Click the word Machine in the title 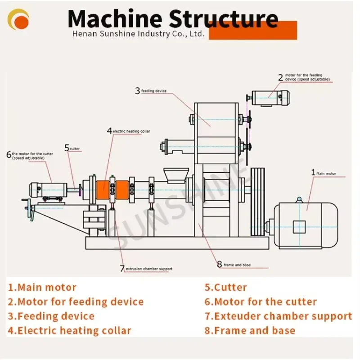click(114, 19)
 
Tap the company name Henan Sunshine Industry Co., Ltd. click(139, 34)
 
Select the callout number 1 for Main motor click(314, 172)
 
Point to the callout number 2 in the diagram click(280, 77)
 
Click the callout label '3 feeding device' click(151, 91)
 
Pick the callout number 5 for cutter click(67, 148)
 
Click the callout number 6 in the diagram click(9, 155)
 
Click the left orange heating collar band click(103, 189)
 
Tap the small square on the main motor click(299, 227)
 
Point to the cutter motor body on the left click(42, 189)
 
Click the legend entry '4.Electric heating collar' click(69, 330)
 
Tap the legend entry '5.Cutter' click(225, 287)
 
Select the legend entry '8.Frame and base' click(250, 330)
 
